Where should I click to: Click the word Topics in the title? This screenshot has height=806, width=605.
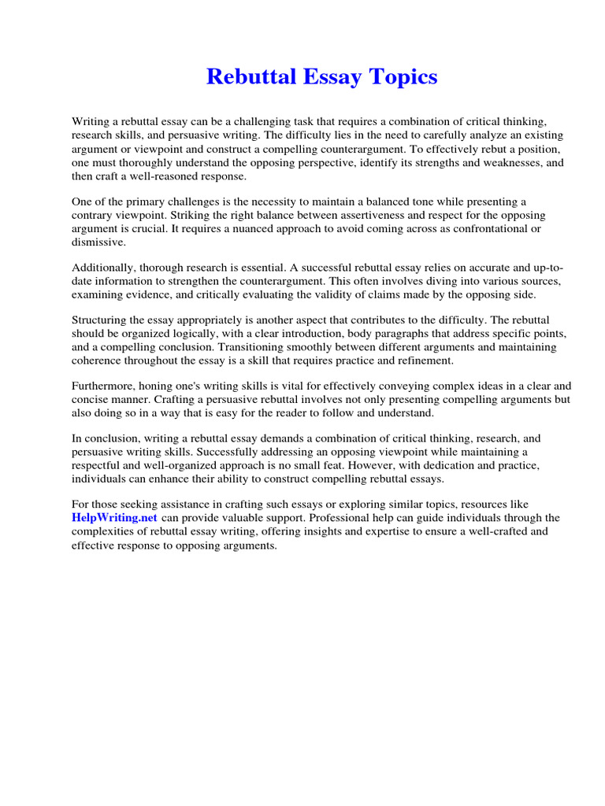pyautogui.click(x=401, y=77)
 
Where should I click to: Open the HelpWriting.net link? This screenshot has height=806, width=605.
pyautogui.click(x=115, y=518)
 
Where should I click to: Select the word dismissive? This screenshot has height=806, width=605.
pyautogui.click(x=98, y=242)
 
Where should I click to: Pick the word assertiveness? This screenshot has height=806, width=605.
pyautogui.click(x=345, y=215)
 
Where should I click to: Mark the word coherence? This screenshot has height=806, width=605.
pyautogui.click(x=98, y=360)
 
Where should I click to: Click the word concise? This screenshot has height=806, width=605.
pyautogui.click(x=91, y=399)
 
